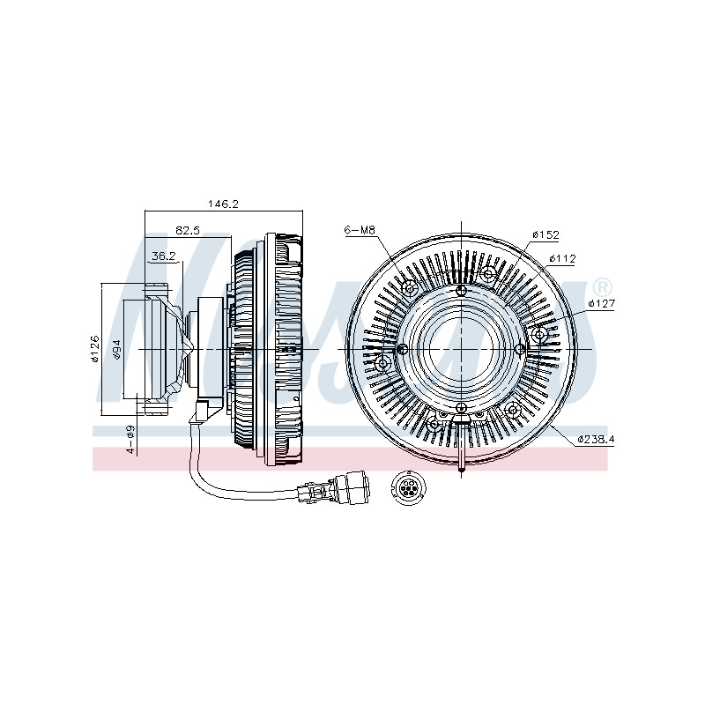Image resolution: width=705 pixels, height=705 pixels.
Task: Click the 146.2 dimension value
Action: (x=223, y=204)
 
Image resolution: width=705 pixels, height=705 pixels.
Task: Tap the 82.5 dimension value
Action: (x=187, y=231)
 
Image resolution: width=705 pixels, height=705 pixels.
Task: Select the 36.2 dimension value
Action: (x=163, y=256)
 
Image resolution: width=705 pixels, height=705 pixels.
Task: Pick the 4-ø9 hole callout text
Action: (x=130, y=439)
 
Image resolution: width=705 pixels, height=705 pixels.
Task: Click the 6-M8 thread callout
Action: (x=360, y=230)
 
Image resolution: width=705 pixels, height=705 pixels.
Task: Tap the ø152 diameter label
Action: (x=545, y=234)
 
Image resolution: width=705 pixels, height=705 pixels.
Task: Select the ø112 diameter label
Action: (x=562, y=258)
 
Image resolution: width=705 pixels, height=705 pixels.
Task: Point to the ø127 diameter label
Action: (x=601, y=303)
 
